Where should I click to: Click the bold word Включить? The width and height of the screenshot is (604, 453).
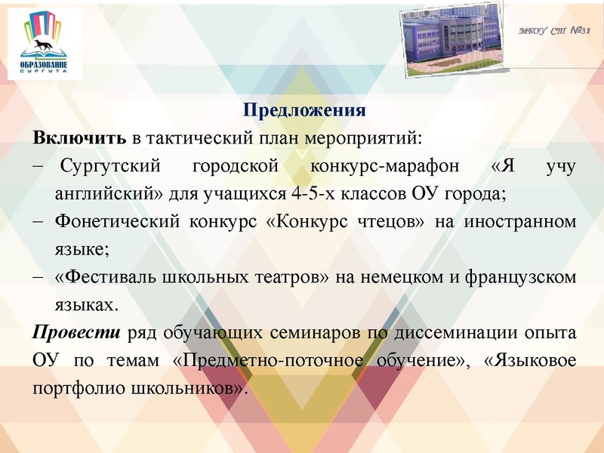click(x=79, y=139)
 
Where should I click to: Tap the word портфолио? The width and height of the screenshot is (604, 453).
click(x=69, y=388)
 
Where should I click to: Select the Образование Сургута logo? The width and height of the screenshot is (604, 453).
click(x=43, y=44)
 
